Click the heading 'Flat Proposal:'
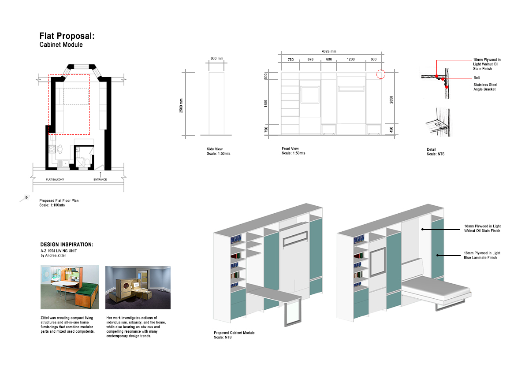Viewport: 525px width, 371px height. coord(67,36)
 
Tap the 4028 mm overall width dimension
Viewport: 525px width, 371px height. coord(329,51)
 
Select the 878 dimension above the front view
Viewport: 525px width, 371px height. coord(310,60)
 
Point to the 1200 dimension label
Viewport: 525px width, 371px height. coord(351,60)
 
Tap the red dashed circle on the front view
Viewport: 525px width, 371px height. coord(381,74)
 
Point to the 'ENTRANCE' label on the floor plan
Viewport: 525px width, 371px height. coord(100,180)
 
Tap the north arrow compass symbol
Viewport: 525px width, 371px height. coord(24,199)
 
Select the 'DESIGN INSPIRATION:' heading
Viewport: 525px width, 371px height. coord(67,245)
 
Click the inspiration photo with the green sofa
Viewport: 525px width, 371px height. coord(70,287)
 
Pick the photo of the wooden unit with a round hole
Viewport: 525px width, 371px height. coord(138,287)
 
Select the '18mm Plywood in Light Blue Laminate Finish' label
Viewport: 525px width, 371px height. coord(482,255)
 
